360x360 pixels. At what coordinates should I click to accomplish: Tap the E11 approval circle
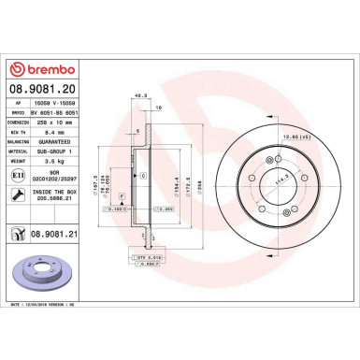(21, 174)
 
